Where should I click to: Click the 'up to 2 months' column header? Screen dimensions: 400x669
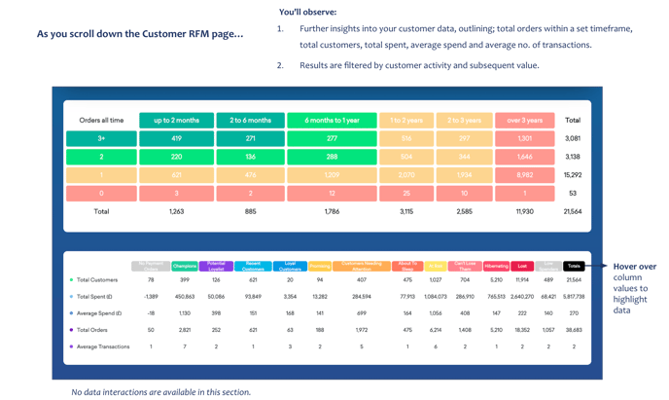[176, 121]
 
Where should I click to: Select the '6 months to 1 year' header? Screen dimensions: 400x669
[332, 121]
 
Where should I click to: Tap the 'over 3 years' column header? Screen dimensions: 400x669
[524, 121]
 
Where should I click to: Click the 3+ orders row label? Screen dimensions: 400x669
[101, 139]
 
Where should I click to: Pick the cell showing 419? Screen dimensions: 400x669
[176, 139]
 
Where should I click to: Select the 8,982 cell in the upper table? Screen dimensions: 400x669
[524, 175]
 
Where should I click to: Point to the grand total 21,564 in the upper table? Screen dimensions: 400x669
[573, 211]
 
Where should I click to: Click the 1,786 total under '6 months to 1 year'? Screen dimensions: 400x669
[332, 211]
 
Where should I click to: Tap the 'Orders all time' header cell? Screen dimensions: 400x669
[101, 121]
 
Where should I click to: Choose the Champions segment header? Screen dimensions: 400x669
[184, 266]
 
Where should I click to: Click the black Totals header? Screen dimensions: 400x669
[574, 266]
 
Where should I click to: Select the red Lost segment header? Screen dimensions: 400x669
[522, 266]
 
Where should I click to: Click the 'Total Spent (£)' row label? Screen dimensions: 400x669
[94, 297]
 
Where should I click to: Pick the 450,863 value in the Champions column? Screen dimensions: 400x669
[184, 297]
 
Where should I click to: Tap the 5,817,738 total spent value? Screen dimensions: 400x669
[574, 297]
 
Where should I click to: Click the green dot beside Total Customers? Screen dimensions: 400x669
[71, 280]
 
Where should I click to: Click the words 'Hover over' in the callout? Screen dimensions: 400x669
[634, 267]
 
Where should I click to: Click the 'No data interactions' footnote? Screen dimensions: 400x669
[160, 392]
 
